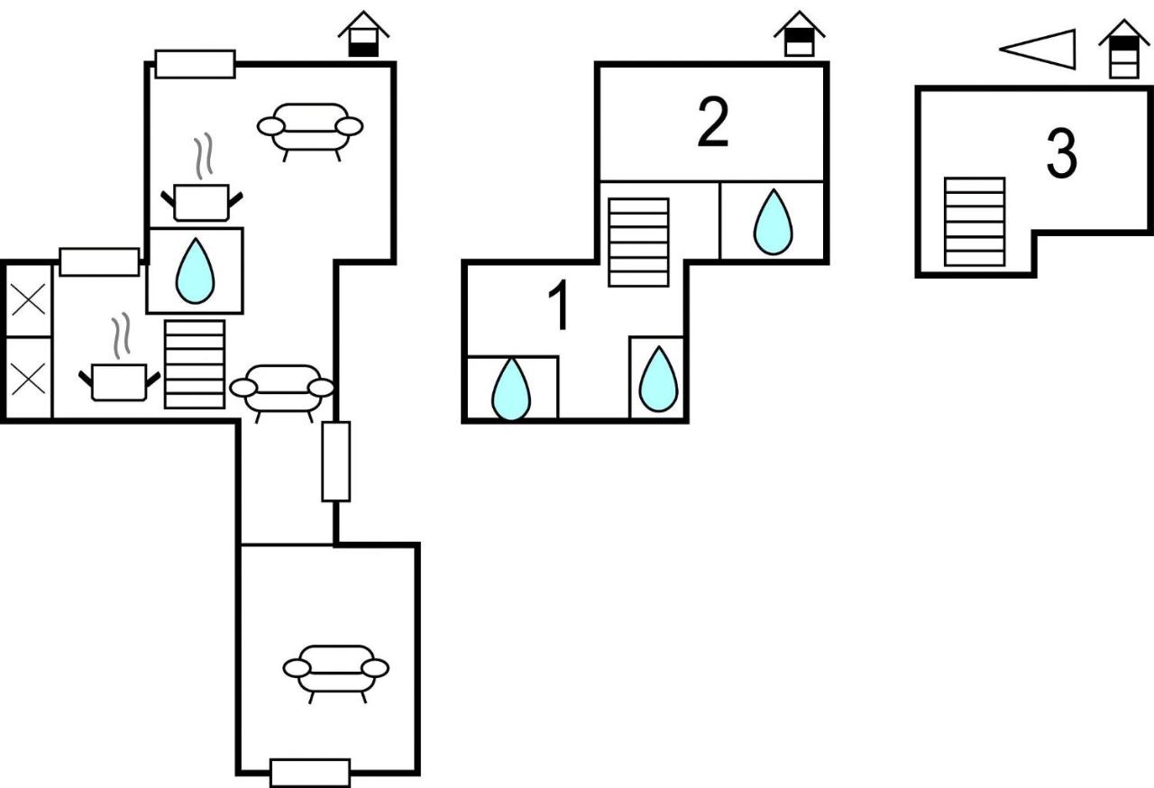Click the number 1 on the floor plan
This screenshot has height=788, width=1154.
[x=558, y=305]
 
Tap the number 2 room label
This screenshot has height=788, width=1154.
[x=713, y=122]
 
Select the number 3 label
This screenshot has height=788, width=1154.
[x=1062, y=153]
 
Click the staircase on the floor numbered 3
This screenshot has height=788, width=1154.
[x=975, y=222]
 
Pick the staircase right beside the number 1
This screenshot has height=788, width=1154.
[x=638, y=242]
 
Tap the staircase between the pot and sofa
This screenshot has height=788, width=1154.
[x=194, y=364]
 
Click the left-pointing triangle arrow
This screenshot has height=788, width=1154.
[x=1038, y=50]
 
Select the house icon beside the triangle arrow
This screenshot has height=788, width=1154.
[x=1123, y=50]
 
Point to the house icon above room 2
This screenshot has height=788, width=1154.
[x=799, y=34]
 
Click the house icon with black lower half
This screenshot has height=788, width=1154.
[x=363, y=34]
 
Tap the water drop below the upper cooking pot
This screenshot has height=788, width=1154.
[x=195, y=270]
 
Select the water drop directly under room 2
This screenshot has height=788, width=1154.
[x=773, y=222]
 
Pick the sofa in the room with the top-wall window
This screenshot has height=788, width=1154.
[x=310, y=130]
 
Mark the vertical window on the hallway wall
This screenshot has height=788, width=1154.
[x=336, y=461]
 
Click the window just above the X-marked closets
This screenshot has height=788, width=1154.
[x=99, y=262]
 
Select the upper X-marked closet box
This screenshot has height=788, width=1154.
[x=28, y=301]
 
